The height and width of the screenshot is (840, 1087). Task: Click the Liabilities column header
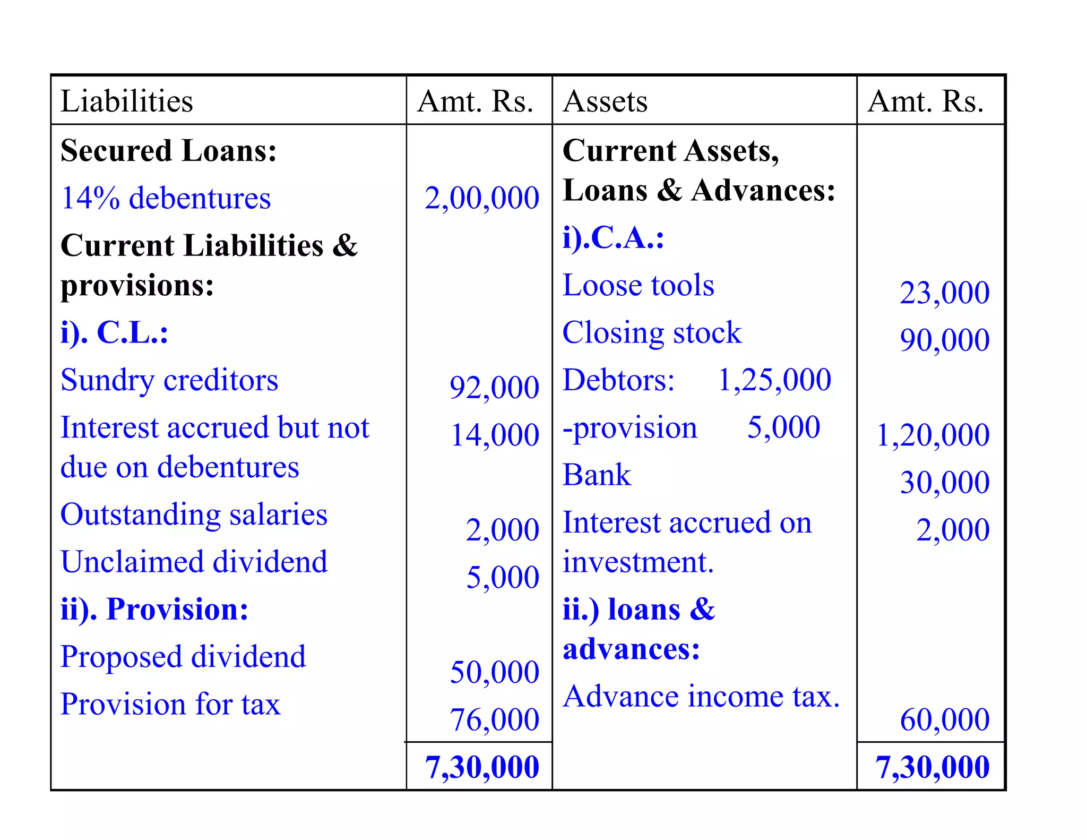coord(127,101)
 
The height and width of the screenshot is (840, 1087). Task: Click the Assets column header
coord(605,101)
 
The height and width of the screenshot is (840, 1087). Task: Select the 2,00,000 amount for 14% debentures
coord(481,198)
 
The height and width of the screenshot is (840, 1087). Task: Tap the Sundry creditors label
coord(169,380)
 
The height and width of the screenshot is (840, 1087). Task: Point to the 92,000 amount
coord(494,387)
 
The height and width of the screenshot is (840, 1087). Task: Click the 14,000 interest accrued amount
coord(495,435)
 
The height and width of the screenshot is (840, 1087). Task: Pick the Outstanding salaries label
coord(194,515)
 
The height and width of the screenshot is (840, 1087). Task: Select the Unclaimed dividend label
coord(194,562)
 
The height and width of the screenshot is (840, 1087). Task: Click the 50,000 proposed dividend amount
coord(494,672)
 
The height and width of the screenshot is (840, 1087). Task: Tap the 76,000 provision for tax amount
coord(494,719)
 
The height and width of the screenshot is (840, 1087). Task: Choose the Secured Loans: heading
coord(169,150)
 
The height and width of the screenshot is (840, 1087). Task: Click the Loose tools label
coord(638,285)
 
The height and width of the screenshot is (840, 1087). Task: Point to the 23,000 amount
coord(944,293)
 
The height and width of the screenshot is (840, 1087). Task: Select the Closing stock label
coord(652,333)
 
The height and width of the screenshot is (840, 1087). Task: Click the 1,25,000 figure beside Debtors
coord(774,380)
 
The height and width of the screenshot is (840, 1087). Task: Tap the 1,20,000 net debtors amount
coord(933,435)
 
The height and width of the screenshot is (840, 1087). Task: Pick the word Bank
coord(597,475)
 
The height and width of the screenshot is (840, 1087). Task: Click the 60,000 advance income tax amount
coord(944,719)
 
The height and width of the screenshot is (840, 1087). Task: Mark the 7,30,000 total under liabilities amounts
coord(482,767)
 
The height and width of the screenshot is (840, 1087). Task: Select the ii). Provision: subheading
coord(154,609)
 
